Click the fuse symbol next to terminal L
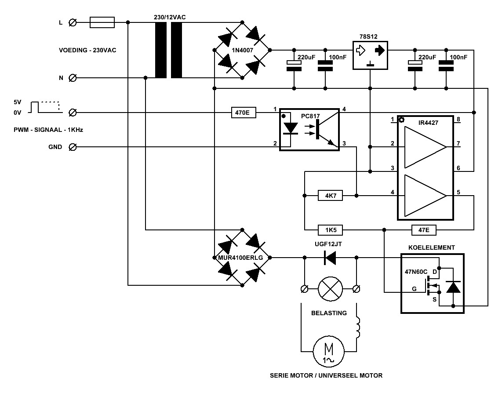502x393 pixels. pyautogui.click(x=102, y=22)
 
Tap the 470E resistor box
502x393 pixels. pyautogui.click(x=244, y=113)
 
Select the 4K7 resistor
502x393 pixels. pyautogui.click(x=331, y=195)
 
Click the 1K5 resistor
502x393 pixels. pyautogui.click(x=331, y=230)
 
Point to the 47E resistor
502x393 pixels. pyautogui.click(x=424, y=230)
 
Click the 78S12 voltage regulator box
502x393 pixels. pyautogui.click(x=370, y=55)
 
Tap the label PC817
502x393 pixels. pyautogui.click(x=310, y=116)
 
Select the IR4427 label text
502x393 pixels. pyautogui.click(x=428, y=123)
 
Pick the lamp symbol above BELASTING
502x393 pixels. pyautogui.click(x=330, y=289)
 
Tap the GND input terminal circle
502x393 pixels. pyautogui.click(x=73, y=147)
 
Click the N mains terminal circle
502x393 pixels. pyautogui.click(x=73, y=78)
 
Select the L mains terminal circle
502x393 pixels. pyautogui.click(x=73, y=22)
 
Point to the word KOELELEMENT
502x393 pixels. pyautogui.click(x=431, y=247)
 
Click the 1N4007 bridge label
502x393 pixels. pyautogui.click(x=242, y=50)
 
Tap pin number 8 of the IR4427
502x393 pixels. pyautogui.click(x=458, y=120)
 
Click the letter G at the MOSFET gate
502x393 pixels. pyautogui.click(x=414, y=289)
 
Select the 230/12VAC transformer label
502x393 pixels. pyautogui.click(x=170, y=17)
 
